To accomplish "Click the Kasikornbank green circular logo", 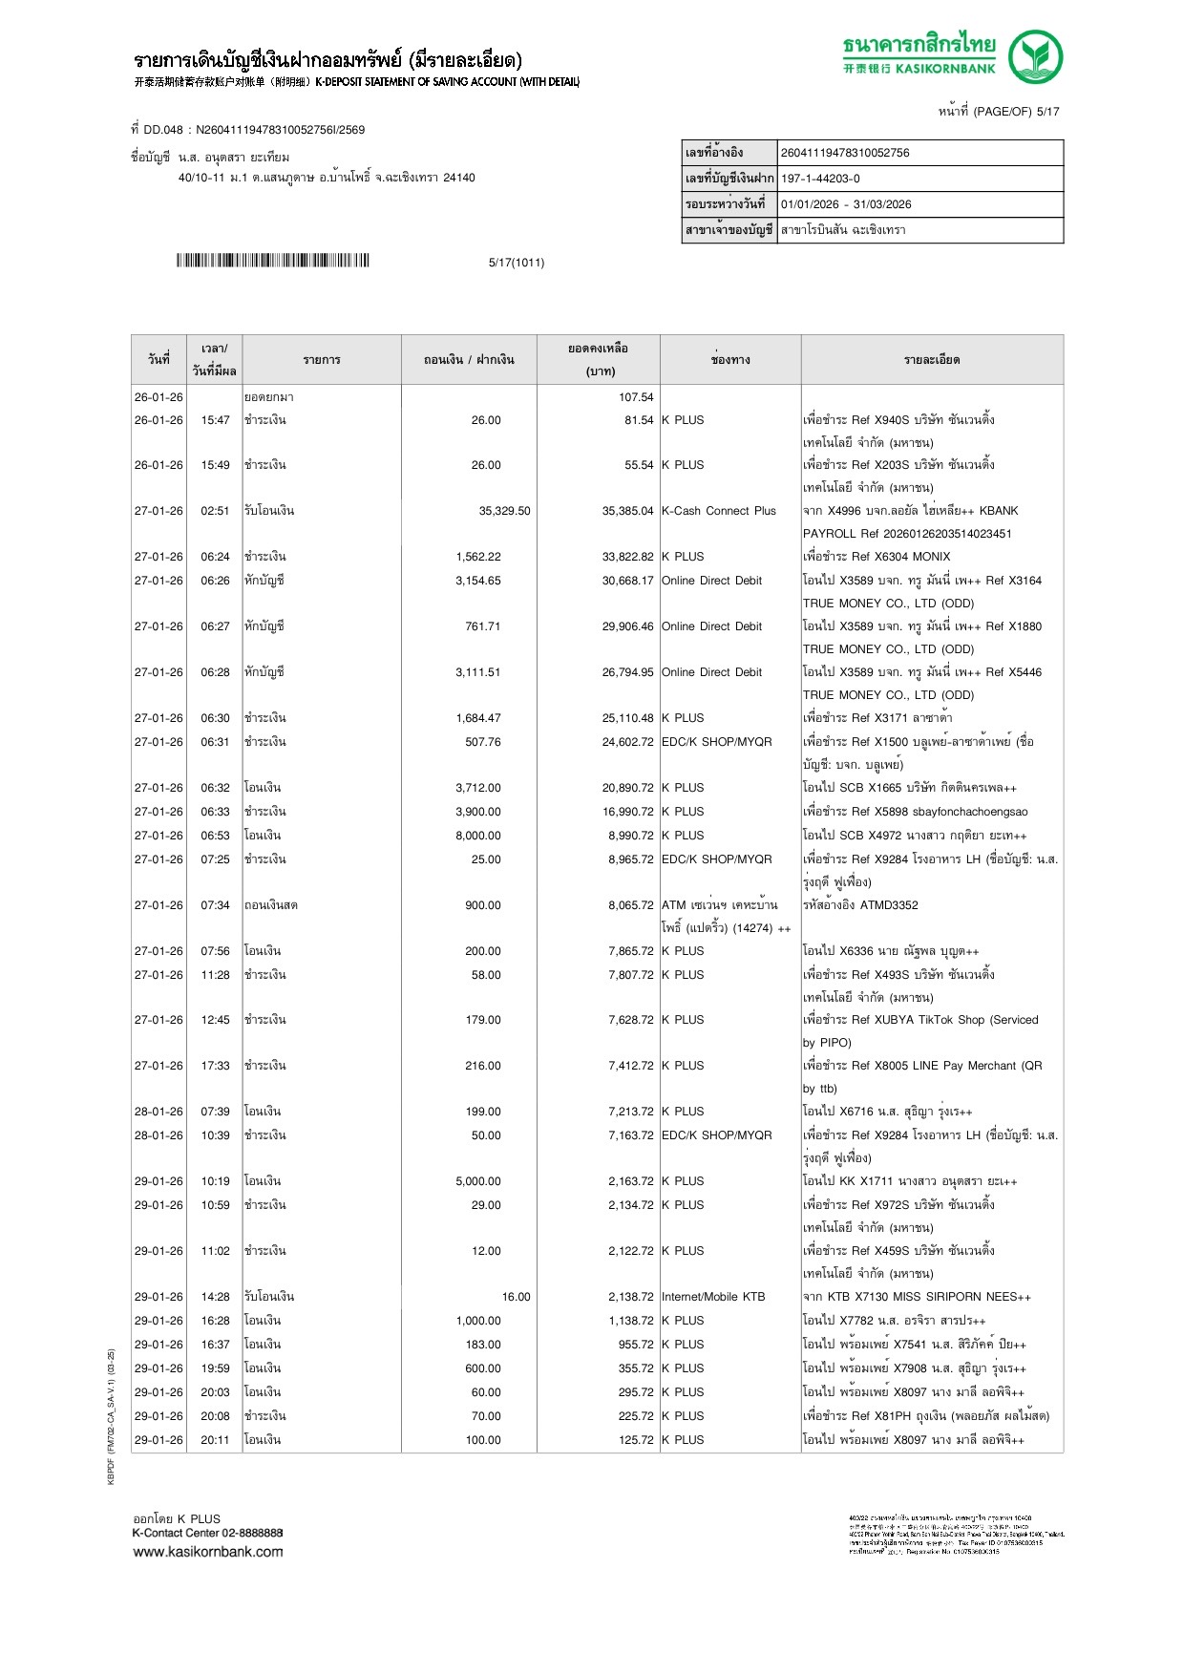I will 1035,56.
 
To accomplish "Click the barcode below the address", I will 272,261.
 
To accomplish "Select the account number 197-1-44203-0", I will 820,179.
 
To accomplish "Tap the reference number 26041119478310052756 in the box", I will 845,153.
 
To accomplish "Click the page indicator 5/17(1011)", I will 517,263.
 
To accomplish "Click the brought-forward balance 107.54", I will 636,397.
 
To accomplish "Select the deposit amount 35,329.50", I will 504,511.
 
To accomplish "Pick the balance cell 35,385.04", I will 627,511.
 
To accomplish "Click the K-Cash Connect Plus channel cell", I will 719,511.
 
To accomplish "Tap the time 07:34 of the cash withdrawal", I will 215,905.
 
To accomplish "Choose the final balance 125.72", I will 636,1440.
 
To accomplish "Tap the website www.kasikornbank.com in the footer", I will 208,1552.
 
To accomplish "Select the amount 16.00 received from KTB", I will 516,1297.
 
